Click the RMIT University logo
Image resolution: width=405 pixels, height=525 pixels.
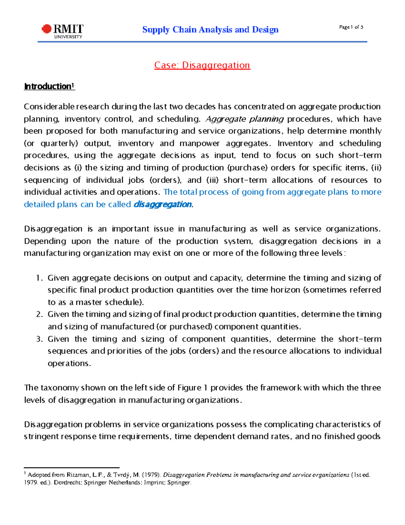pos(62,31)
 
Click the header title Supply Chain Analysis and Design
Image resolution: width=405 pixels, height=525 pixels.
pos(210,30)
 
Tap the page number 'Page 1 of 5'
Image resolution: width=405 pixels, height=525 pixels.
pos(351,27)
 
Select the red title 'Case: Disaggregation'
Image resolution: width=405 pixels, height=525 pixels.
pos(202,65)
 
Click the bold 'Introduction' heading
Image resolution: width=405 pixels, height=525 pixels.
pos(49,87)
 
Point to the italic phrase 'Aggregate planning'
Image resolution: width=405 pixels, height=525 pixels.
pos(244,119)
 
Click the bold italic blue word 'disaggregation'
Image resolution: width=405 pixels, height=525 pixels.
pos(163,205)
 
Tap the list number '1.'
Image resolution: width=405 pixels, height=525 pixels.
pos(39,278)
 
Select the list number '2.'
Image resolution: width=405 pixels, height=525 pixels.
pos(39,314)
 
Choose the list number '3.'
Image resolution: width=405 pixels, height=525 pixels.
pos(39,339)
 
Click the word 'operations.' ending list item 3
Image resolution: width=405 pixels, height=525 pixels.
pos(69,363)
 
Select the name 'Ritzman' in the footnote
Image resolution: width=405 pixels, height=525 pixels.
pos(79,475)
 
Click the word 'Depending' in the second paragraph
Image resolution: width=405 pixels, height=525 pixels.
pos(45,241)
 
